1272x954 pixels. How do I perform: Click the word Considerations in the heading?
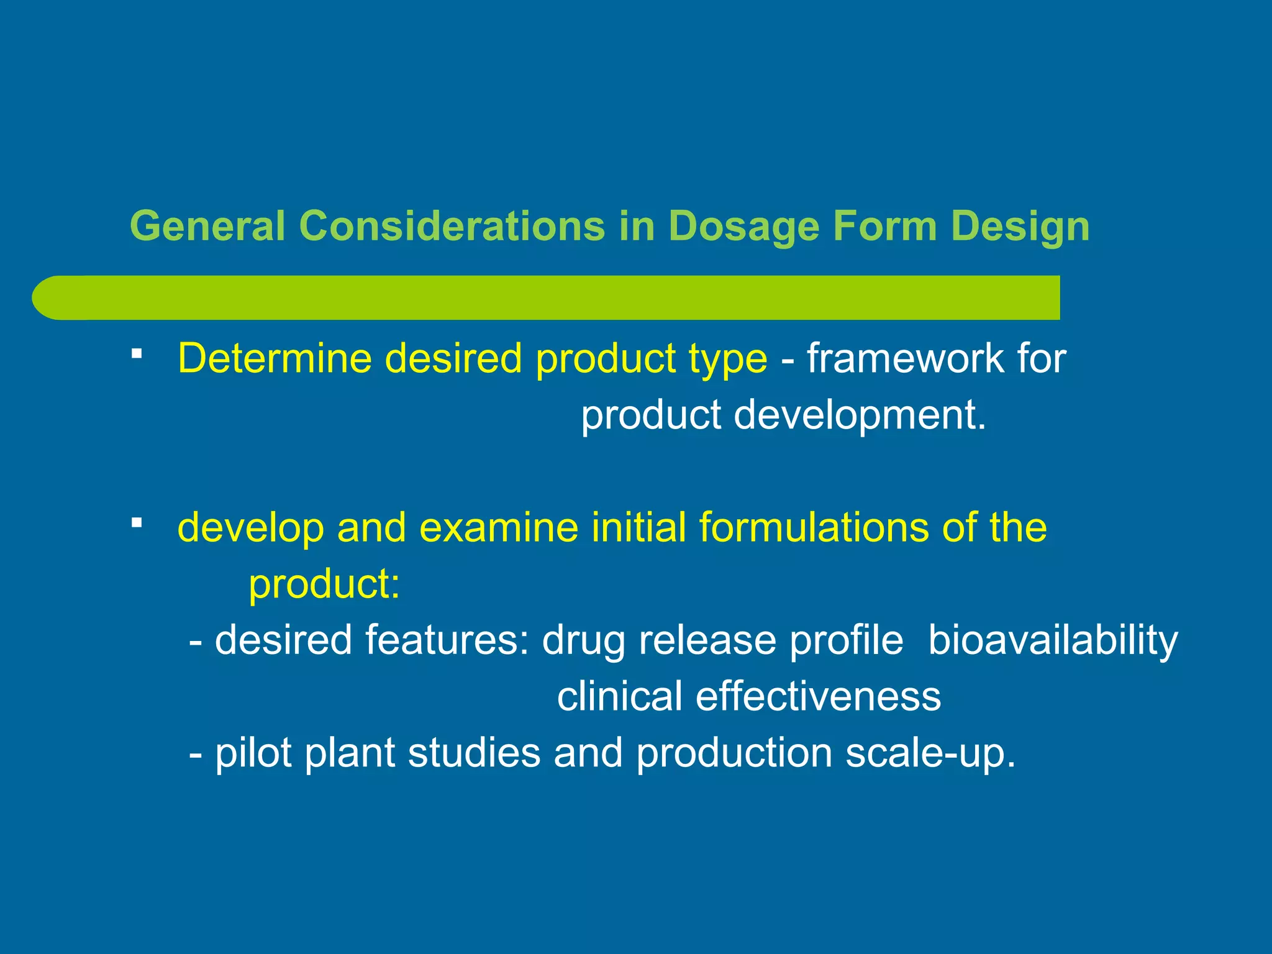click(452, 225)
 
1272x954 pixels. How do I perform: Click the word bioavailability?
click(1052, 640)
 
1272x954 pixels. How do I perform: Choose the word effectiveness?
click(818, 696)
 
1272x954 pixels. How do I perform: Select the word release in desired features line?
click(707, 640)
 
